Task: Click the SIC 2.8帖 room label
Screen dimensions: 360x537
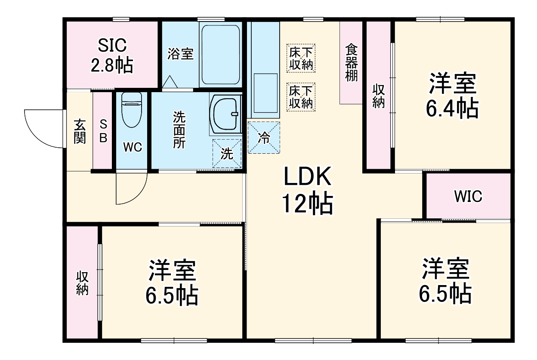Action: click(x=111, y=55)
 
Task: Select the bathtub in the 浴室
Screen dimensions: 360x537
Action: click(x=220, y=54)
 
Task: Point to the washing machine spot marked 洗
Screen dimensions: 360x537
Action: click(x=227, y=153)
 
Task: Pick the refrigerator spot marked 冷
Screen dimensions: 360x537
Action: click(x=263, y=137)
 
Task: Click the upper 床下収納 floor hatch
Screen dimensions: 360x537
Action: click(x=301, y=58)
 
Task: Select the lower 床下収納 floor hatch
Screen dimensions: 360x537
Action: click(x=301, y=97)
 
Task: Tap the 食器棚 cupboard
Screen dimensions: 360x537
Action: click(x=351, y=62)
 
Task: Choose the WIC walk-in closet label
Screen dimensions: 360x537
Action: click(x=468, y=197)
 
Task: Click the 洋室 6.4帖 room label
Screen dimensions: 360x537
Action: click(x=452, y=96)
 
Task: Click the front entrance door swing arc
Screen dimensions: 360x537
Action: click(x=43, y=129)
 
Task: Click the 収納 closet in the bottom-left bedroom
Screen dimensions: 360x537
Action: click(x=82, y=282)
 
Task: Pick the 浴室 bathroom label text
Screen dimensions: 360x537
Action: click(x=180, y=54)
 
